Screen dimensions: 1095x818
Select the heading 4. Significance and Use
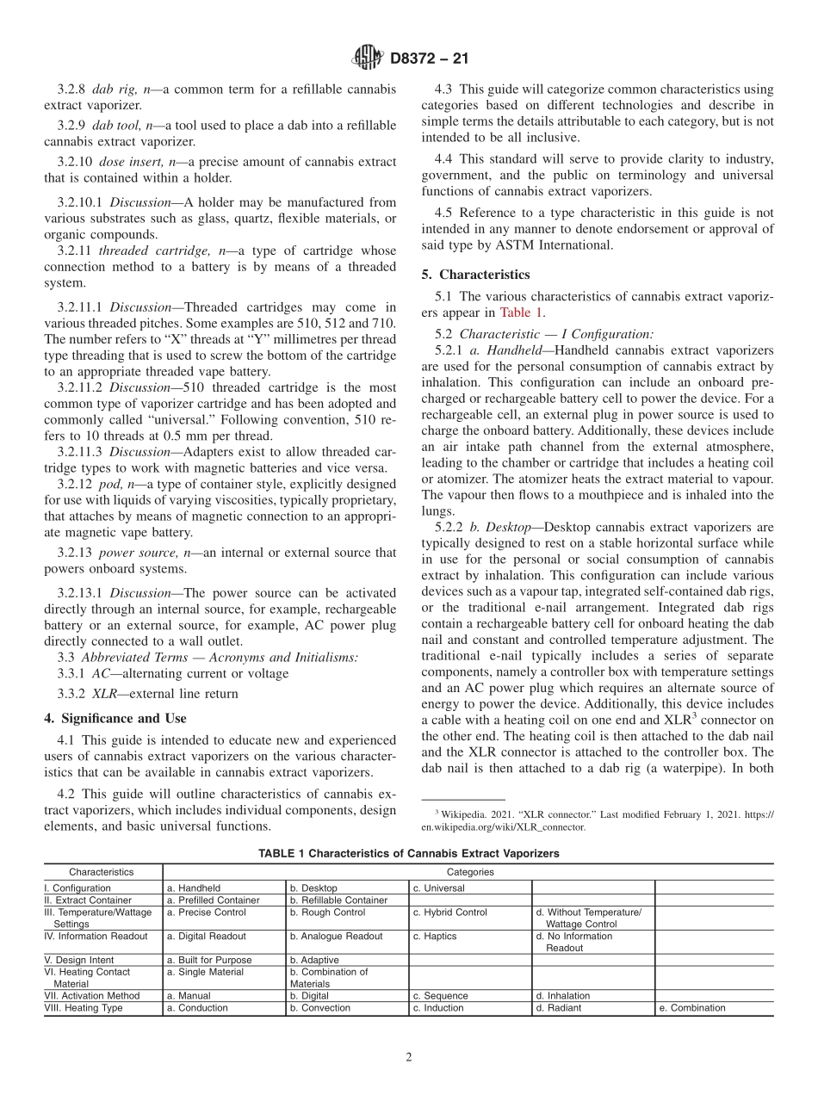coord(115,718)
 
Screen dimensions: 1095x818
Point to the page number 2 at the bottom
coord(409,1057)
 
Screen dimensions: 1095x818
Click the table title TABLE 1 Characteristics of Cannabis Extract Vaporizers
coord(409,853)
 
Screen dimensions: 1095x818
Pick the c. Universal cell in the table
coord(439,888)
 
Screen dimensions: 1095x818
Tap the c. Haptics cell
coord(435,936)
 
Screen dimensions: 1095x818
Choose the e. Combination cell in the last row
coord(691,1008)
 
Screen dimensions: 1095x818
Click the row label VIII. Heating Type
coord(83,1008)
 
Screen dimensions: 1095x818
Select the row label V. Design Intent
coord(79,960)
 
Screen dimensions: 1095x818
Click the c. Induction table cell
coord(438,1008)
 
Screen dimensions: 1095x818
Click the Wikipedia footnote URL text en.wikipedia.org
coord(503,827)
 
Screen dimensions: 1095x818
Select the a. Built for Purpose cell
coord(209,960)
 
